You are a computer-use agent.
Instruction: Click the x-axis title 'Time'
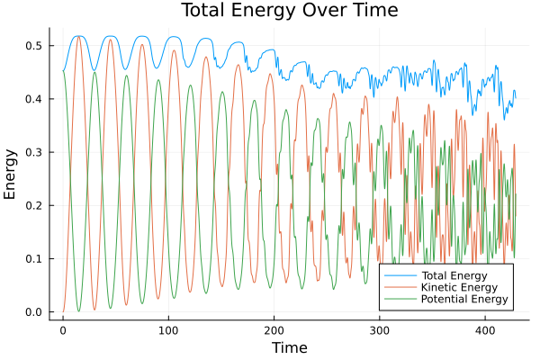289,347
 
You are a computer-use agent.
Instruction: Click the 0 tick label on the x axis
63,330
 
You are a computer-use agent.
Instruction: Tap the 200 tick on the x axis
274,330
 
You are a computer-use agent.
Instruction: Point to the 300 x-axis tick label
379,330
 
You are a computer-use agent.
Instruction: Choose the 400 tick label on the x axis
484,330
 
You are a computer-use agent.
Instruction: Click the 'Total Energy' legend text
454,274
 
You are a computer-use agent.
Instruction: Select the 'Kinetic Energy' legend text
458,286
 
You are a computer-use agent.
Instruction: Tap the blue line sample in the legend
395,274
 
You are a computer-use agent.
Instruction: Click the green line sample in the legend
395,299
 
